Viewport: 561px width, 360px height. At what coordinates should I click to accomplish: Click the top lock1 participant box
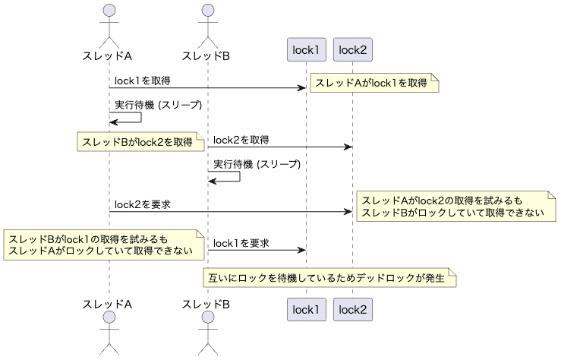(x=307, y=50)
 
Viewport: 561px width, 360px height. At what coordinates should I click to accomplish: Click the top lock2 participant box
(x=352, y=50)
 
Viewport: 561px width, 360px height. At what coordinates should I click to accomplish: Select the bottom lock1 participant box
(x=307, y=309)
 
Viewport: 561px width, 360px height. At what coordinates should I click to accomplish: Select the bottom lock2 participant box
(x=352, y=309)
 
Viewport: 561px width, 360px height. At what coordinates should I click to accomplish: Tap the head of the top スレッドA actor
(x=109, y=11)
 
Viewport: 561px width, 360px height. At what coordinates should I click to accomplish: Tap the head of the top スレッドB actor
(x=206, y=11)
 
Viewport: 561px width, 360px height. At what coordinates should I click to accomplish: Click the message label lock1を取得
(x=142, y=80)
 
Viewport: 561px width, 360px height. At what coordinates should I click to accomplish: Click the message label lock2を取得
(x=241, y=140)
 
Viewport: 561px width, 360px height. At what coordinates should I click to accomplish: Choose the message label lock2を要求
(x=142, y=204)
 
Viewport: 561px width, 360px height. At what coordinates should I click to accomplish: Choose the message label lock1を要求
(x=241, y=243)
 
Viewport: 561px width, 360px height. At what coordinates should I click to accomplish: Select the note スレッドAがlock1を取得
(x=373, y=83)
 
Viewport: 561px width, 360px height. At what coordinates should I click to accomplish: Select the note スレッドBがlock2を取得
(x=139, y=141)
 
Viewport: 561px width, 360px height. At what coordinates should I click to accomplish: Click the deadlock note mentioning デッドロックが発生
(x=330, y=278)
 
